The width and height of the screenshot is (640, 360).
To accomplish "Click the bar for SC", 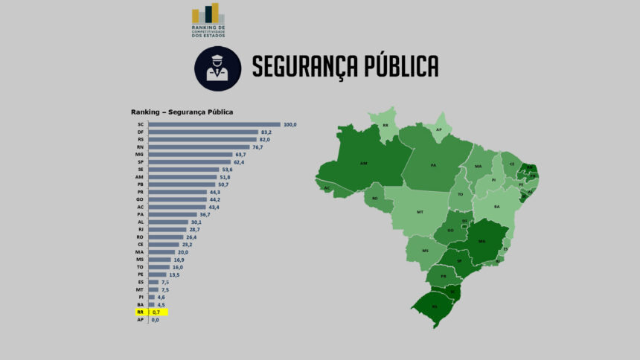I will [214, 124].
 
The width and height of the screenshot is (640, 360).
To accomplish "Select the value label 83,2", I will [266, 132].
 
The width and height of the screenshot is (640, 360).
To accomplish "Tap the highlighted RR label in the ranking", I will [141, 312].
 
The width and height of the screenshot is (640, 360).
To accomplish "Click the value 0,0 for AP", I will [156, 320].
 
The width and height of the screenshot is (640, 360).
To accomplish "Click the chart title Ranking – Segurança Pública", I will [182, 112].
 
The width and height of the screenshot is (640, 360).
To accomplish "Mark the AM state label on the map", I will [364, 163].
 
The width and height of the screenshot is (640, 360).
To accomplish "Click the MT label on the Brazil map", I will [420, 212].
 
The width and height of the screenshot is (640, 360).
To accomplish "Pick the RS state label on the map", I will [435, 306].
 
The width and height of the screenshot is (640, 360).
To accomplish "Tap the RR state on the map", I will [385, 126].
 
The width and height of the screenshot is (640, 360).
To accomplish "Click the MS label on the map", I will [426, 251].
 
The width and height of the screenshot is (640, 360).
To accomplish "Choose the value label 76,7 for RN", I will [257, 147].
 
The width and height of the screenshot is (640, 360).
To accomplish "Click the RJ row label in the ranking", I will [141, 230].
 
